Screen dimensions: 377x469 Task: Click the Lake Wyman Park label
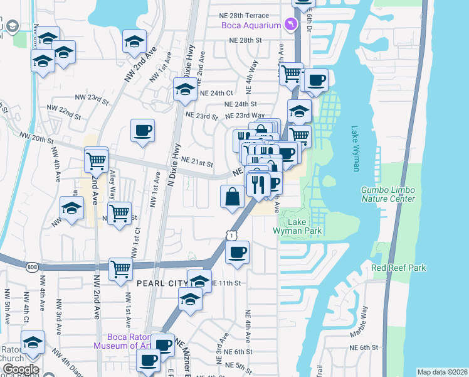(x=297, y=226)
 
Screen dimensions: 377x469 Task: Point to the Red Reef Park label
(x=399, y=268)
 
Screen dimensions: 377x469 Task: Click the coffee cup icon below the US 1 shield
(x=237, y=253)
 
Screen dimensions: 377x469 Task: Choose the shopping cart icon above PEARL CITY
(x=122, y=268)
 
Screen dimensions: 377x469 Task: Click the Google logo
(x=20, y=369)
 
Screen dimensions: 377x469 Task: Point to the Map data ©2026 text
(x=442, y=372)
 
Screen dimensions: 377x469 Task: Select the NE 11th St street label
(x=226, y=283)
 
